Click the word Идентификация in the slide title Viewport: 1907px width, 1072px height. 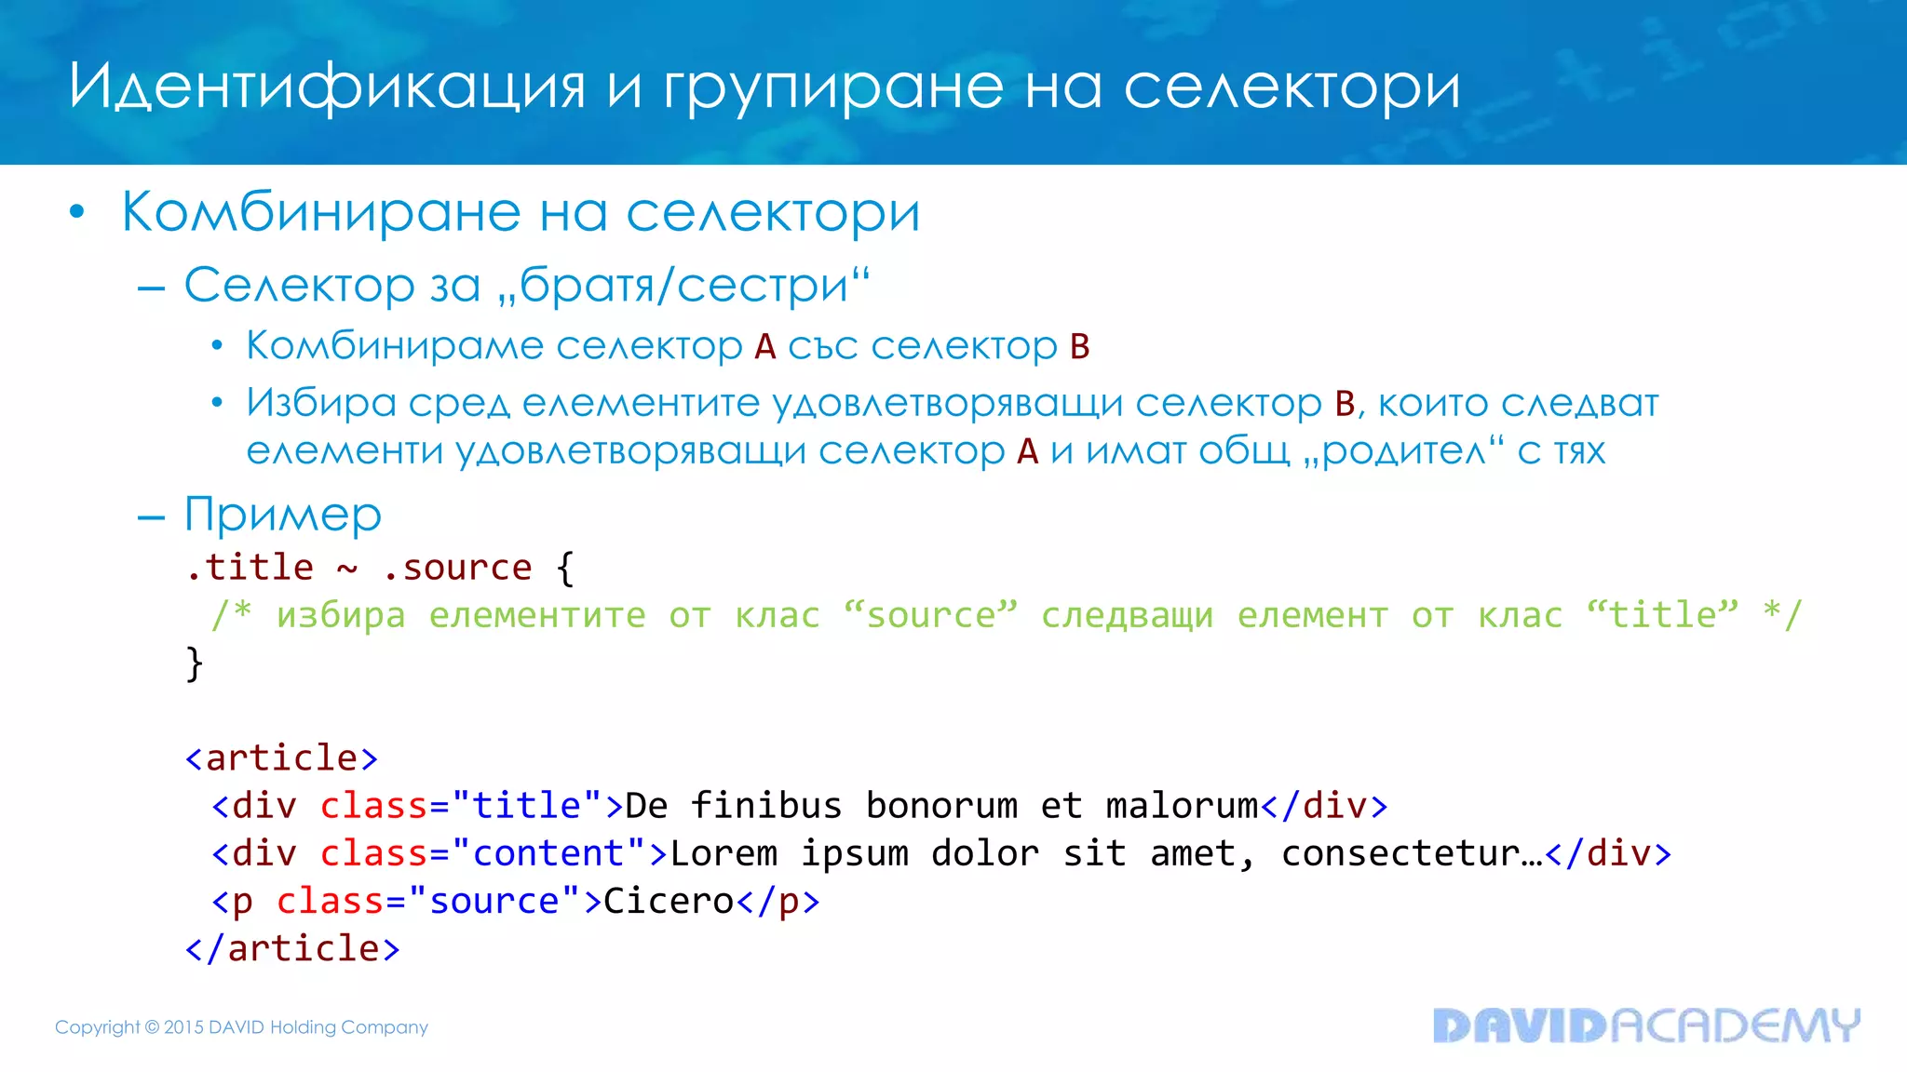327,87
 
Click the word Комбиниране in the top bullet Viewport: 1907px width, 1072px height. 320,213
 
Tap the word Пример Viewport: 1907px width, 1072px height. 283,515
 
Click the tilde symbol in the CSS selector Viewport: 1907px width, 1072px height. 347,569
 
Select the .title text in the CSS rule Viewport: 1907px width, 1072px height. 250,568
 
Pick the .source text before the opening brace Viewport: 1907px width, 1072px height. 457,568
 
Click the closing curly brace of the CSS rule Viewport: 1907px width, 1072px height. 195,663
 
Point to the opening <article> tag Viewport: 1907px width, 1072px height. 282,758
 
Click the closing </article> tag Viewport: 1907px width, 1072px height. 292,949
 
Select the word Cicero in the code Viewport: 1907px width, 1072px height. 669,901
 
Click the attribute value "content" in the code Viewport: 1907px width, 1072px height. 548,853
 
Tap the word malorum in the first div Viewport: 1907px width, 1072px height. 1182,806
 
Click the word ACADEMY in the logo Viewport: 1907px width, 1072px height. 1735,1025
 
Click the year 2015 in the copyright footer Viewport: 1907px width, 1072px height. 183,1027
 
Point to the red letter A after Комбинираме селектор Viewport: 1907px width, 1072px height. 765,347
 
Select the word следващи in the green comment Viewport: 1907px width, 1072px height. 1127,616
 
